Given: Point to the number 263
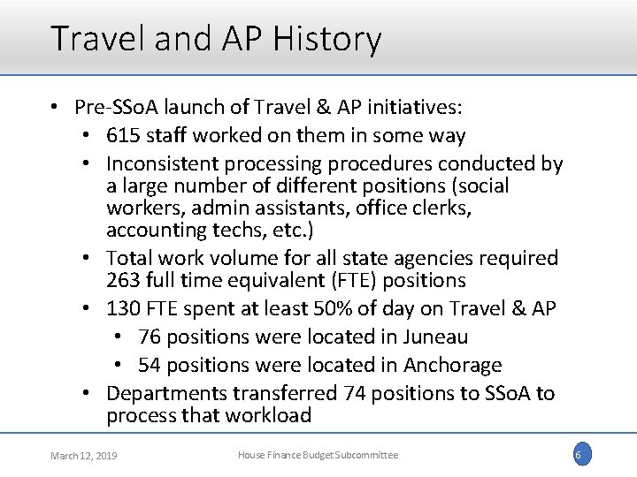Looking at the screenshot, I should [124, 280].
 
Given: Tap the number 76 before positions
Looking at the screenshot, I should [151, 337].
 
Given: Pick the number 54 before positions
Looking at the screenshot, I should [151, 365].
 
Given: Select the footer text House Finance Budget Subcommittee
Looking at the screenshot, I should [318, 454].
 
